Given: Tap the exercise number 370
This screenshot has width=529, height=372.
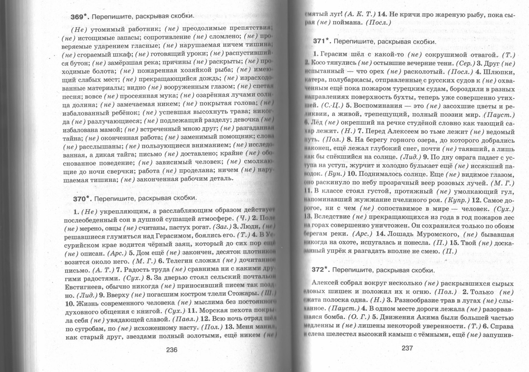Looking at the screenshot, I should (80, 198).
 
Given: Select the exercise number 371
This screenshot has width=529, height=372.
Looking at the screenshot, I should (320, 41).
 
